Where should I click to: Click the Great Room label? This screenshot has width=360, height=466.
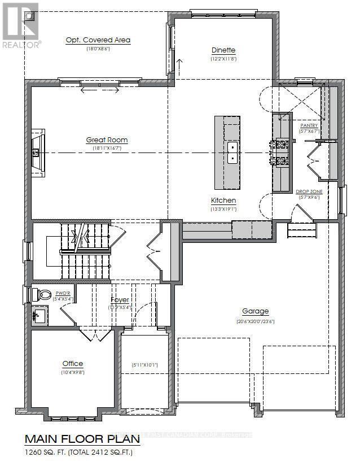(107, 140)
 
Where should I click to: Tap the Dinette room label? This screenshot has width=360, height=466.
(223, 50)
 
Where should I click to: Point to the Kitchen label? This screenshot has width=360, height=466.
(223, 201)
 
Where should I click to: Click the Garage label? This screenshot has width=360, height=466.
(255, 311)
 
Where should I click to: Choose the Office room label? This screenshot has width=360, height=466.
(73, 364)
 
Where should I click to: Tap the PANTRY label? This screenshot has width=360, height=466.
(309, 125)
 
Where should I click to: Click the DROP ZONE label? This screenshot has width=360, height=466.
(309, 192)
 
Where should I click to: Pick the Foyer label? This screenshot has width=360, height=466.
(120, 299)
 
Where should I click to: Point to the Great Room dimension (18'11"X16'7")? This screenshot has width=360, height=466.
(107, 148)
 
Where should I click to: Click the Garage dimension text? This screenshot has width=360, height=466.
(255, 321)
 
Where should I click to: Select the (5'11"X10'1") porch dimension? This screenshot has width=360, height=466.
(144, 365)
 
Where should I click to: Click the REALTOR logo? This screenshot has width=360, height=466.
(20, 25)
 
